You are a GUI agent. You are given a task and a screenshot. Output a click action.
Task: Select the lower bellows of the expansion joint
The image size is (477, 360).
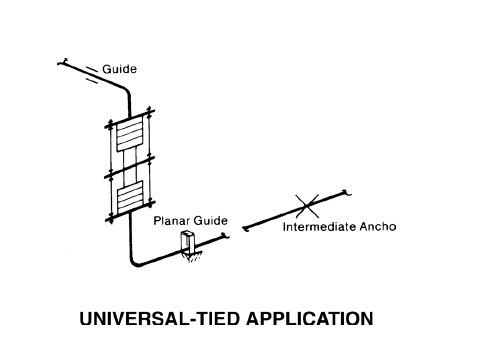click(128, 197)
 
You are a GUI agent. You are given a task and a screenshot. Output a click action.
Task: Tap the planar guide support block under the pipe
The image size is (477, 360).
click(188, 244)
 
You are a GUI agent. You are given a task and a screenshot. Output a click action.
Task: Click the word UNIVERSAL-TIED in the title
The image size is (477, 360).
click(163, 321)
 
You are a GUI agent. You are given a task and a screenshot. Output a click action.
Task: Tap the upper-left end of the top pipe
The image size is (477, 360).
click(61, 63)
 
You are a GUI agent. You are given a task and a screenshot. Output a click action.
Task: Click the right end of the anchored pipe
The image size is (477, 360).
click(345, 191)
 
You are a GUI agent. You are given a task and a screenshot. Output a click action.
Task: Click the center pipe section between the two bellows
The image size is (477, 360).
click(128, 166)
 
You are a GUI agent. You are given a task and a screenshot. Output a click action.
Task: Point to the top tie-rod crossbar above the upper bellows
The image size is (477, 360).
click(128, 114)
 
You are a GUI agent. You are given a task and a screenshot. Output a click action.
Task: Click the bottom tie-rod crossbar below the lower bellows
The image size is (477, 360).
click(128, 219)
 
